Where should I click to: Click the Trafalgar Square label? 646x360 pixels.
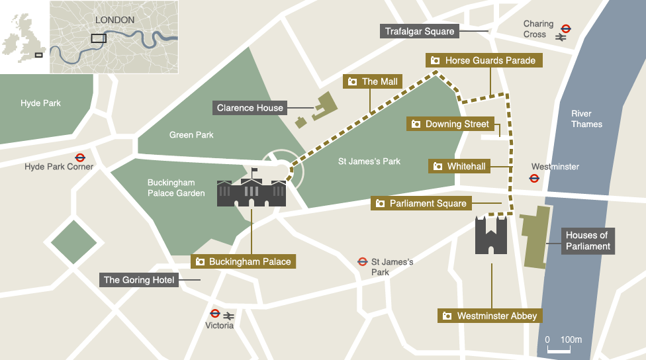[420, 31]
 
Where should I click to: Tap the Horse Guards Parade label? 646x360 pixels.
[483, 60]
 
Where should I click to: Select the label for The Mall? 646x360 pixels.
[373, 81]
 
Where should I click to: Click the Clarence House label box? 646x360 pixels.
[250, 108]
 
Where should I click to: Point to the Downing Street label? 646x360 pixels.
[450, 124]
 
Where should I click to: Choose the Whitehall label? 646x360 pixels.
[459, 166]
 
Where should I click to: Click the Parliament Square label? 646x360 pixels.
[422, 203]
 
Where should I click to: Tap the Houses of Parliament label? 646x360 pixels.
[586, 241]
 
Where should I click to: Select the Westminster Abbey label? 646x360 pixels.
[490, 316]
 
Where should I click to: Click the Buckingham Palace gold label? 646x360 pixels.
[243, 261]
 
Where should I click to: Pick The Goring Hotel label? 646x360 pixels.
[139, 280]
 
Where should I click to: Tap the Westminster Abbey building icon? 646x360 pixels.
[491, 236]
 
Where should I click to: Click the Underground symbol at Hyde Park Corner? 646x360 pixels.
[80, 158]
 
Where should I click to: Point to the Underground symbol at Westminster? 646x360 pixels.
[533, 178]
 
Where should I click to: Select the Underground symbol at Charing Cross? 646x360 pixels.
[565, 28]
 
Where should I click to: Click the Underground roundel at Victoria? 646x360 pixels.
[214, 314]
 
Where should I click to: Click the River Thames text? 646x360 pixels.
[586, 119]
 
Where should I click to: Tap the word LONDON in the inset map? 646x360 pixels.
[115, 20]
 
